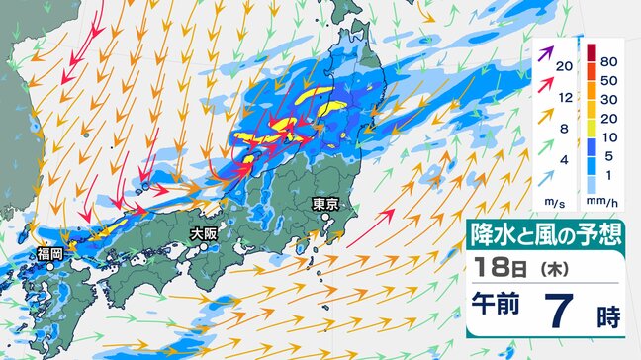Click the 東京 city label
326,205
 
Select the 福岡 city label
50,254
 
